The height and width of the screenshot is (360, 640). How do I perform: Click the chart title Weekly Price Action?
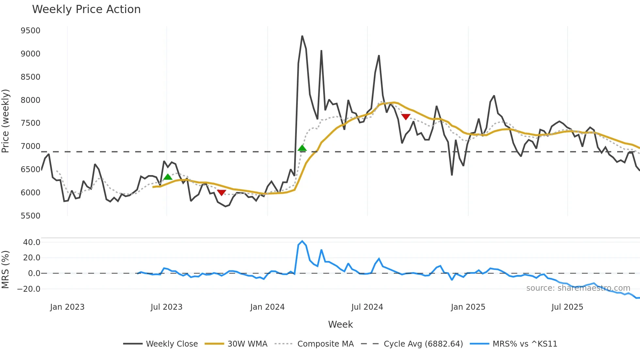point(86,9)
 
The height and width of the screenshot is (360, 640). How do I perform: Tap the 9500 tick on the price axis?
point(30,31)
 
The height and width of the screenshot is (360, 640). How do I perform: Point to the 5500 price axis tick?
point(30,216)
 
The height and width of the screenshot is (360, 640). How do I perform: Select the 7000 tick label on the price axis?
point(30,146)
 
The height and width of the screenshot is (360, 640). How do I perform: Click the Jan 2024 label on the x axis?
point(267,307)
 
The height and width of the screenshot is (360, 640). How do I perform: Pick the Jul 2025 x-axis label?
point(567,307)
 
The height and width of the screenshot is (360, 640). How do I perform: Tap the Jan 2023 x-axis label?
point(67,307)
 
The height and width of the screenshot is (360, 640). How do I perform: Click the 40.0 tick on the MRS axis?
point(32,242)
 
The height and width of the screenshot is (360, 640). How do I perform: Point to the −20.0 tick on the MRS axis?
point(29,289)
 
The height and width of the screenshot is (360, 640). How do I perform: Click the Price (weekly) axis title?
point(6,121)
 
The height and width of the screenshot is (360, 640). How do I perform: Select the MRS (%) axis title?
point(6,270)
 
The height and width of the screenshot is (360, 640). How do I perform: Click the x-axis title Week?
point(340,324)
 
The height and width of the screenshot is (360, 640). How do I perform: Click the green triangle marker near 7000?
point(302,148)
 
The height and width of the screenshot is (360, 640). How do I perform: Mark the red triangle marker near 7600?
point(406,117)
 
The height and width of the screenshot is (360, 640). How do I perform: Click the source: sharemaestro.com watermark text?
point(578,288)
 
